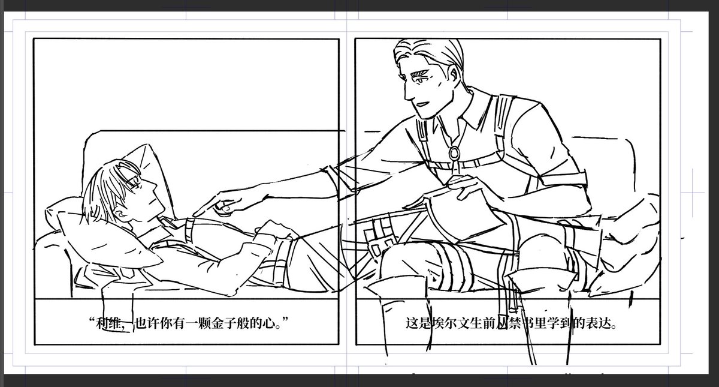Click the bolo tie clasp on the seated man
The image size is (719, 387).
tap(454, 153)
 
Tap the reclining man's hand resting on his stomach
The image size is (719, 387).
tap(272, 230)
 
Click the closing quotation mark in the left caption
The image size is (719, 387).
tap(285, 319)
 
